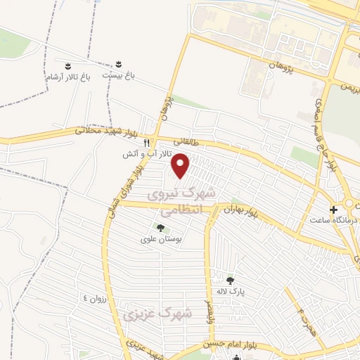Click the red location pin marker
(x=181, y=165)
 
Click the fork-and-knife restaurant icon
(x=146, y=143)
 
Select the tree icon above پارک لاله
(x=230, y=281)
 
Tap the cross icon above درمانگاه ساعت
(x=333, y=210)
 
